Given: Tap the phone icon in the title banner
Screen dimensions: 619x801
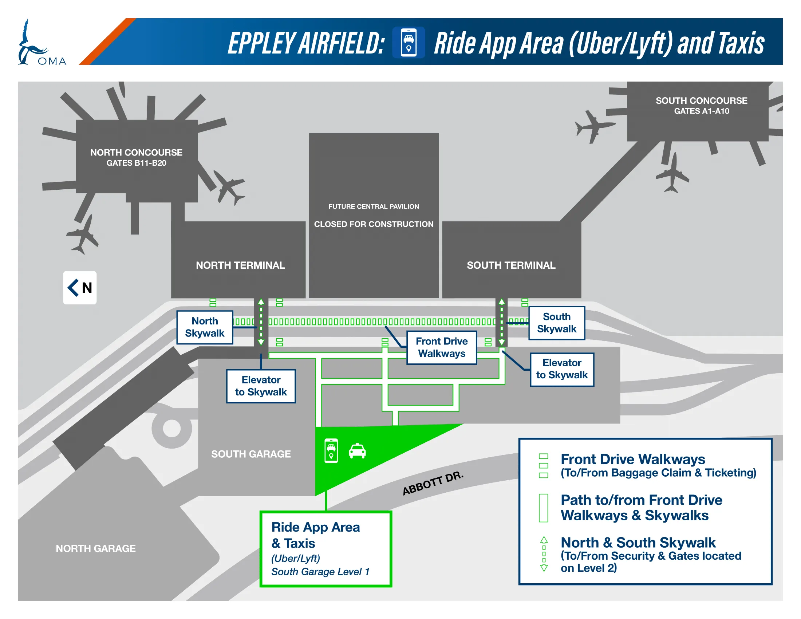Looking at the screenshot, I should click(x=408, y=43).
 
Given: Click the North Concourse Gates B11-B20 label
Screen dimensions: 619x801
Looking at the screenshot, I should click(x=136, y=157).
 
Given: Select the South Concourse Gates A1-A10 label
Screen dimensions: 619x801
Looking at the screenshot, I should click(x=701, y=105).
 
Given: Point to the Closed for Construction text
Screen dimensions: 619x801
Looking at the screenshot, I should click(x=373, y=224).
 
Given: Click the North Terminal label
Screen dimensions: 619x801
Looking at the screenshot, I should click(x=240, y=265).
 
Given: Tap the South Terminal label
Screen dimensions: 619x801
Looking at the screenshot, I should click(x=510, y=265).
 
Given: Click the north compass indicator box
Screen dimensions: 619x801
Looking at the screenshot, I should click(x=80, y=288).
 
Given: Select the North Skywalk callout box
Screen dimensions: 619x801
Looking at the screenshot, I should click(x=205, y=327).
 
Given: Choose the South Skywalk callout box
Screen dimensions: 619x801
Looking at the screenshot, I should click(x=556, y=323).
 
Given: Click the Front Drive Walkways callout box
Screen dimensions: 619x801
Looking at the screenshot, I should click(x=441, y=347).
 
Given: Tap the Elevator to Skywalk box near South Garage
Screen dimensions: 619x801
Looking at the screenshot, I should click(x=261, y=386).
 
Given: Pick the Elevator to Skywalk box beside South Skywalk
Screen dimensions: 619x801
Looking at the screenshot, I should click(x=561, y=369).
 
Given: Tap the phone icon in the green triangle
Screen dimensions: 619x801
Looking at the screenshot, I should click(x=331, y=451).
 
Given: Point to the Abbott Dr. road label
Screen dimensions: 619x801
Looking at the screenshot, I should click(x=433, y=483).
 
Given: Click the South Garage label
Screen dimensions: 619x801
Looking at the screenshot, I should click(x=251, y=454).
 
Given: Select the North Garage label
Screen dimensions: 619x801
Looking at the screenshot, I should click(x=95, y=548).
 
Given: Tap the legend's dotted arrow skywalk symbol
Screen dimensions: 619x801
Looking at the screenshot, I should click(x=544, y=554).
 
